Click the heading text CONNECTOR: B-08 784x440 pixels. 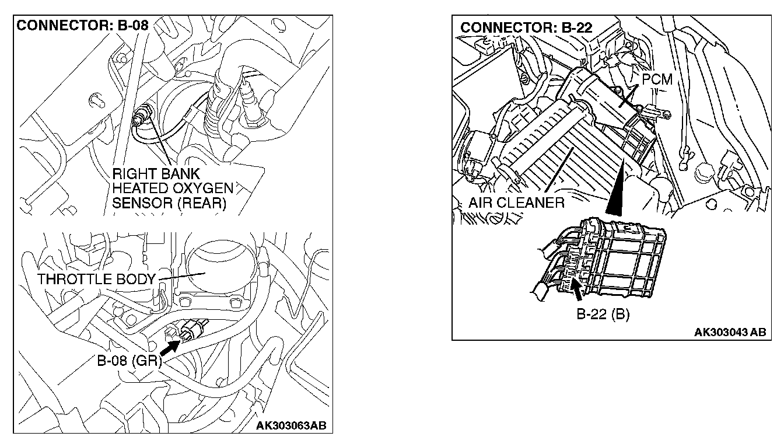(82, 26)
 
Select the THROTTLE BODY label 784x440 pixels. (97, 279)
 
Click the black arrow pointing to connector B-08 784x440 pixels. (169, 348)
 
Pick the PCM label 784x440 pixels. (657, 79)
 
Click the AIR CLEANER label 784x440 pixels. (516, 203)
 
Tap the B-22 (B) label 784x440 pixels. (603, 315)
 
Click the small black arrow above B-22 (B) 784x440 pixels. (577, 287)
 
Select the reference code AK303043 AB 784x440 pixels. (729, 332)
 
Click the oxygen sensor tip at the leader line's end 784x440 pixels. (141, 114)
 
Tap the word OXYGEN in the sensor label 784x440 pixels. (190, 188)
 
